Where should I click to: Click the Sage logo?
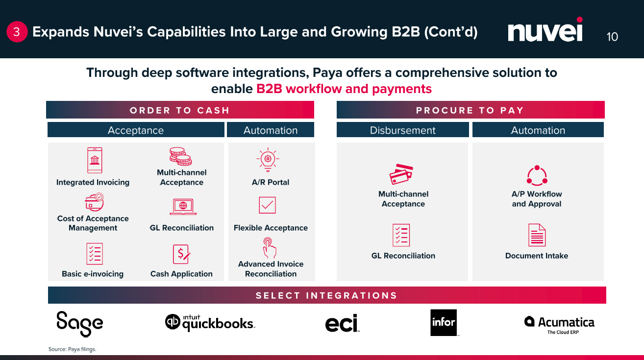click(79, 324)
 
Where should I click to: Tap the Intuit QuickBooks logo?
click(210, 323)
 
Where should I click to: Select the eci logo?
click(342, 323)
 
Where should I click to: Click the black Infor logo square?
click(443, 322)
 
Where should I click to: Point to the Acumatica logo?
click(559, 323)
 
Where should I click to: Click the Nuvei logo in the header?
click(545, 31)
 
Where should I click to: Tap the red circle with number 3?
click(17, 32)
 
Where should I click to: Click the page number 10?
click(612, 37)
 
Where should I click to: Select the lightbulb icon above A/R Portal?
click(268, 160)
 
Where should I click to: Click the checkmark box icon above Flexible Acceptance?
click(268, 205)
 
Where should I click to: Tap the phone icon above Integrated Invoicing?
click(95, 160)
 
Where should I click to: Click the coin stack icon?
click(180, 157)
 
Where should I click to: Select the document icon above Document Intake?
click(537, 235)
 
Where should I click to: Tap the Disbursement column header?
click(402, 130)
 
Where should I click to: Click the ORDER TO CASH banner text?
click(179, 110)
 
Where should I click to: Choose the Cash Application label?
click(181, 274)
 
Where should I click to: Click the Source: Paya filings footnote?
click(72, 349)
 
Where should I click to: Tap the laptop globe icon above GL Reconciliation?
click(183, 206)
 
